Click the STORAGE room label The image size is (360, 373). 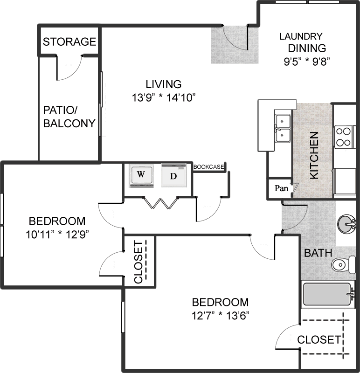[x=69, y=41]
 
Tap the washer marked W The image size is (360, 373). [x=141, y=176]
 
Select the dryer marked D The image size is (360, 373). [x=173, y=175]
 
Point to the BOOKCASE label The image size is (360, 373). [x=208, y=167]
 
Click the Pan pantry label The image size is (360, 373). [x=281, y=188]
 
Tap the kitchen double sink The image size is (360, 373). [x=283, y=128]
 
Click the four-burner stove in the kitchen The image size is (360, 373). [x=344, y=137]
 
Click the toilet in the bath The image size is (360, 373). [x=343, y=265]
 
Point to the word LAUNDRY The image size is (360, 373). [x=301, y=36]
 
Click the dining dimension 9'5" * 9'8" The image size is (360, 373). [x=307, y=62]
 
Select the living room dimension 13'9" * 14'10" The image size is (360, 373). [x=164, y=97]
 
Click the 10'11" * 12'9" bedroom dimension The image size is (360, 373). [x=57, y=235]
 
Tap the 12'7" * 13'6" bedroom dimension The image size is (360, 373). [x=220, y=316]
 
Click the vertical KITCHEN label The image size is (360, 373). [x=314, y=155]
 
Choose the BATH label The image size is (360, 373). [x=318, y=253]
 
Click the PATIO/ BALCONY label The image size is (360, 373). [x=69, y=117]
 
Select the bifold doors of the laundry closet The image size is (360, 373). [x=161, y=203]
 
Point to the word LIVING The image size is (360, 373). [x=164, y=84]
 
